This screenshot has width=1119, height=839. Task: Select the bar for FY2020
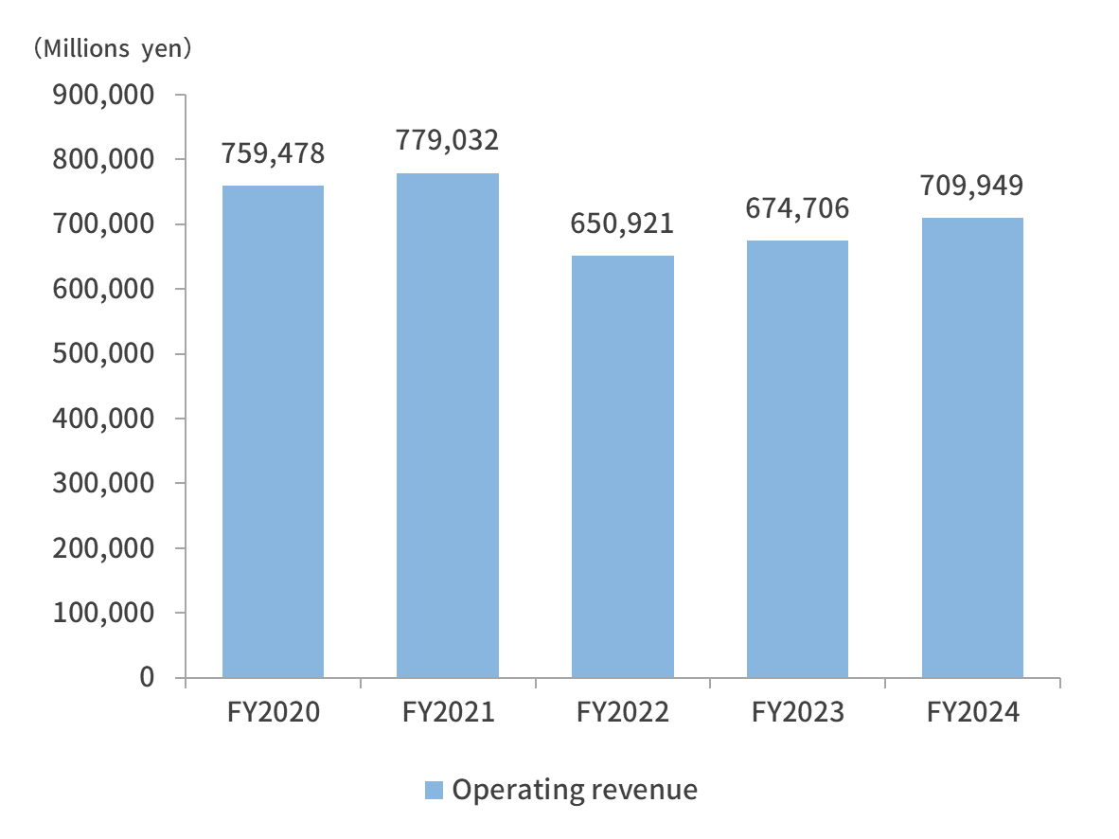click(x=273, y=431)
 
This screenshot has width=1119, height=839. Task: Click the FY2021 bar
click(x=448, y=425)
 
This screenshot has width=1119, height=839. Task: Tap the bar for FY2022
click(x=623, y=466)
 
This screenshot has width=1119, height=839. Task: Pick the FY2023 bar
click(x=797, y=458)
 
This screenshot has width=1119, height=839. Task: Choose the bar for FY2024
click(x=972, y=447)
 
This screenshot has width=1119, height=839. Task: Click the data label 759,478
click(x=273, y=152)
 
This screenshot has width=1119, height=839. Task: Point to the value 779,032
click(x=448, y=140)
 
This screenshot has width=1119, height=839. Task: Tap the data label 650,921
click(x=623, y=223)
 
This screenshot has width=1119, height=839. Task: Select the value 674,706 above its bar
click(x=797, y=207)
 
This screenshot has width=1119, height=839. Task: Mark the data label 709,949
click(x=972, y=185)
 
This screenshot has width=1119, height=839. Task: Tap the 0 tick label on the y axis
click(x=146, y=677)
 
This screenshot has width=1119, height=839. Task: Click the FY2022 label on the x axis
click(x=623, y=712)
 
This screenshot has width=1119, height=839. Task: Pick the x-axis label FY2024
click(x=972, y=712)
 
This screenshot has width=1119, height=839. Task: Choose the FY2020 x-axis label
click(x=273, y=712)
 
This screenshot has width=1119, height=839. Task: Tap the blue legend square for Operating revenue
click(x=434, y=790)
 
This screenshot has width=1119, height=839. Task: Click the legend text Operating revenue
click(x=575, y=790)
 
